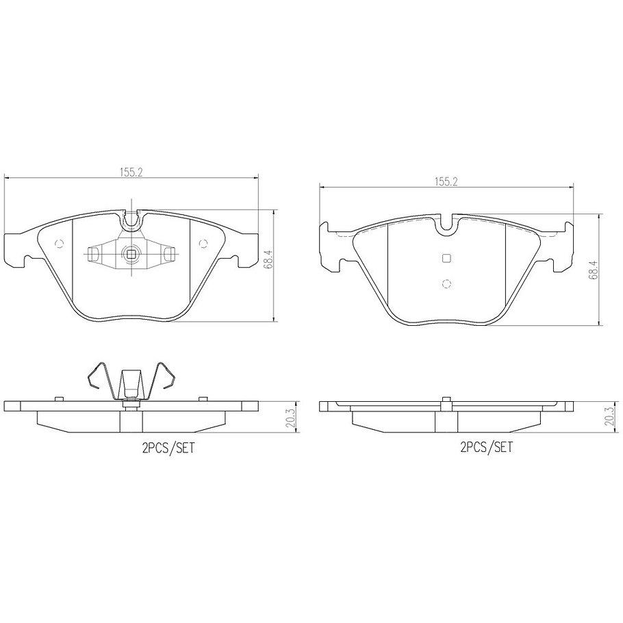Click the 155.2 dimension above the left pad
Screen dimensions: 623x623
(x=131, y=172)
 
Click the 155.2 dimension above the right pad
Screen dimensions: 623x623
(x=446, y=181)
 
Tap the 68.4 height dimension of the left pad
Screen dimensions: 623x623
(x=268, y=260)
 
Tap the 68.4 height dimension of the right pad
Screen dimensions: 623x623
(x=594, y=268)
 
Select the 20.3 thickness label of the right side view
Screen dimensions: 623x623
(x=609, y=416)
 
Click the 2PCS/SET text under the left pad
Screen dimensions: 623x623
(x=168, y=448)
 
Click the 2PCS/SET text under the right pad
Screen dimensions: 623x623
(x=486, y=447)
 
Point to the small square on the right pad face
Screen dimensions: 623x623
(x=446, y=258)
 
